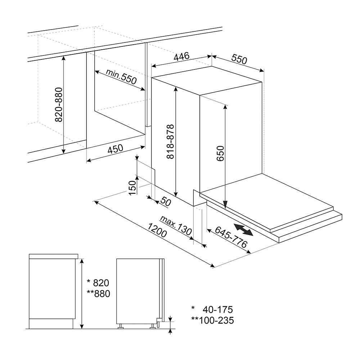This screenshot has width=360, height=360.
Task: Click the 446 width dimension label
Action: coord(181,57)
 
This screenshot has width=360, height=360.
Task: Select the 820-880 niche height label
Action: coord(59,104)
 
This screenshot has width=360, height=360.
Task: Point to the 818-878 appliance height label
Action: coord(170,141)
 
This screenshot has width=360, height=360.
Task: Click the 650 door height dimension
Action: coord(220,153)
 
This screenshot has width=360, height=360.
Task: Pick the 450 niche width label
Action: coord(116,149)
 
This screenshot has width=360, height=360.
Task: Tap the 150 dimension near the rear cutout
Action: coord(132,188)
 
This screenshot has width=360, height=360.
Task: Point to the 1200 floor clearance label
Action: coord(157,230)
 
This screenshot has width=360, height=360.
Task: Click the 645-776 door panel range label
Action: coord(231,237)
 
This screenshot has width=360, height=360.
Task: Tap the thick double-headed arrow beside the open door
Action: coord(244,230)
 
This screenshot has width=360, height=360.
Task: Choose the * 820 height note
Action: coord(98,283)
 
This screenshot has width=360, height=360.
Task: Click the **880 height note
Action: coord(99,294)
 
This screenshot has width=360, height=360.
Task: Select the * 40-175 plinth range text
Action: coord(212,310)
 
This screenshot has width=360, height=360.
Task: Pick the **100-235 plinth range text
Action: coord(213,320)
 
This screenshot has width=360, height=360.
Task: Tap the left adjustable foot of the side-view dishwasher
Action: coord(121,327)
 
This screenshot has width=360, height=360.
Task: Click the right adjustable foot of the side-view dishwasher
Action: coord(152,327)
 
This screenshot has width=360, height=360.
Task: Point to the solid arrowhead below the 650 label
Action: coord(225,204)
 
